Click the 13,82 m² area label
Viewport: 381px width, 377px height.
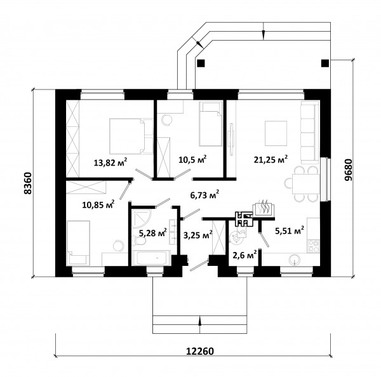110,162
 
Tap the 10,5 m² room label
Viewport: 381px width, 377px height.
192,159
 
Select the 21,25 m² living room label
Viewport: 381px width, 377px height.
271,159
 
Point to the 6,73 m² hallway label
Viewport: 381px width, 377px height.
204,195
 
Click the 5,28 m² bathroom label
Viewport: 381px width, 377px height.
152,233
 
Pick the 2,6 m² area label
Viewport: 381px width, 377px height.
244,255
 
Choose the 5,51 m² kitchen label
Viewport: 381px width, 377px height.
290,230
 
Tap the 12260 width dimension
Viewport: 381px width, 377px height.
200,351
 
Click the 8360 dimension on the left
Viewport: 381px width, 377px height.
28,183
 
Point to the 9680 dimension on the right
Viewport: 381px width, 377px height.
348,170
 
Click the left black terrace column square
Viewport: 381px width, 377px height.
201,63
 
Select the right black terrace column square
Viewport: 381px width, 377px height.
325,63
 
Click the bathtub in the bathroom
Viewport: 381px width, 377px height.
152,258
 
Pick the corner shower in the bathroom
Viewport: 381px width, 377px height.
141,218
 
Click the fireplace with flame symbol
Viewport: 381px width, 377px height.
264,209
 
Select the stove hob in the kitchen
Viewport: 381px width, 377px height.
314,246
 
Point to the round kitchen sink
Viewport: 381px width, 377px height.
295,260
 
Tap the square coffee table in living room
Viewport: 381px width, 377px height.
276,133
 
